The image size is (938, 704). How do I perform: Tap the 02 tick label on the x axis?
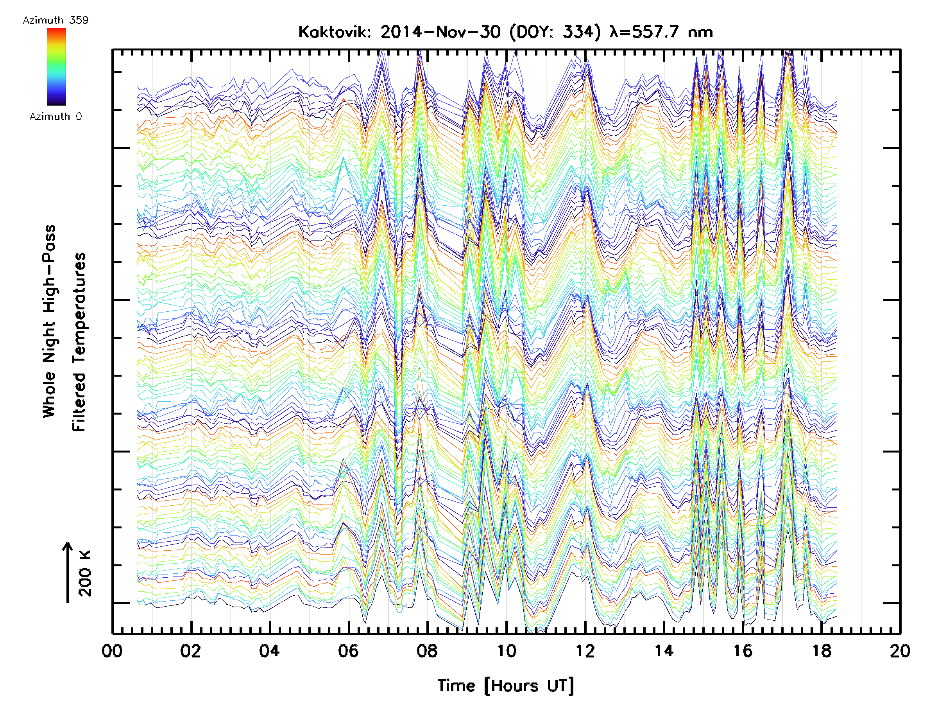pyautogui.click(x=190, y=651)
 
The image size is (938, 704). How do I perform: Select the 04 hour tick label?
pyautogui.click(x=269, y=651)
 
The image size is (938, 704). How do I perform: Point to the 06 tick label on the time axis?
pyautogui.click(x=348, y=651)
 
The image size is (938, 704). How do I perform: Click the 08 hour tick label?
pyautogui.click(x=427, y=651)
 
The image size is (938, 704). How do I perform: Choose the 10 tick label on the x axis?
pyautogui.click(x=506, y=651)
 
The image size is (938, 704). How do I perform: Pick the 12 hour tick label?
pyautogui.click(x=585, y=651)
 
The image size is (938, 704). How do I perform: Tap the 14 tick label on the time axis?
pyautogui.click(x=664, y=651)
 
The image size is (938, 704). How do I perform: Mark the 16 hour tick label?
pyautogui.click(x=743, y=651)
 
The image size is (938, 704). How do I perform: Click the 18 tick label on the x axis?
pyautogui.click(x=822, y=651)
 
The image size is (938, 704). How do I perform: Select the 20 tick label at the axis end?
pyautogui.click(x=900, y=651)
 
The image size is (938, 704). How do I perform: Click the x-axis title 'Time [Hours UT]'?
pyautogui.click(x=506, y=685)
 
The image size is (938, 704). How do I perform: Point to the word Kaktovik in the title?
pyautogui.click(x=335, y=32)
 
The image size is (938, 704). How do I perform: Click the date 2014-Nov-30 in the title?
pyautogui.click(x=440, y=32)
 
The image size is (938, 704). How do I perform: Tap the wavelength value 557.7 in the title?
pyautogui.click(x=655, y=32)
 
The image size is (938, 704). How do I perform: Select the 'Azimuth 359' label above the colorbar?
pyautogui.click(x=55, y=20)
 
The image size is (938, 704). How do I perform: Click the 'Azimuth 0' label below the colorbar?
pyautogui.click(x=55, y=117)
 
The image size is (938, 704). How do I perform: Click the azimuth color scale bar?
pyautogui.click(x=56, y=66)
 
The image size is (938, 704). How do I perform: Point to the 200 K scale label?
pyautogui.click(x=85, y=573)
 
